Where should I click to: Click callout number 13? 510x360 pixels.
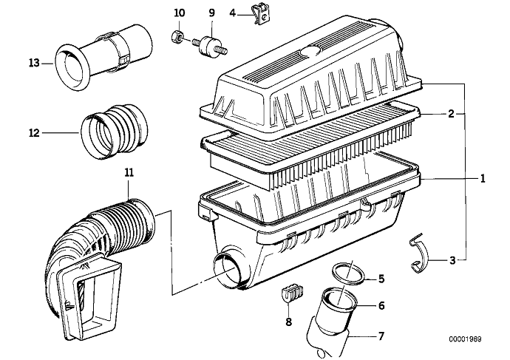point(33,64)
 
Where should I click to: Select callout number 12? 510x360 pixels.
point(33,134)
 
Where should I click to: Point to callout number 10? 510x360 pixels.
point(177,13)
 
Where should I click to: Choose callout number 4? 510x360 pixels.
point(232,13)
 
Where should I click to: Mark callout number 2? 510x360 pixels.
point(450,115)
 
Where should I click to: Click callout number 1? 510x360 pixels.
point(482,178)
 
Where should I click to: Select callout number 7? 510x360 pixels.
point(381,336)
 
